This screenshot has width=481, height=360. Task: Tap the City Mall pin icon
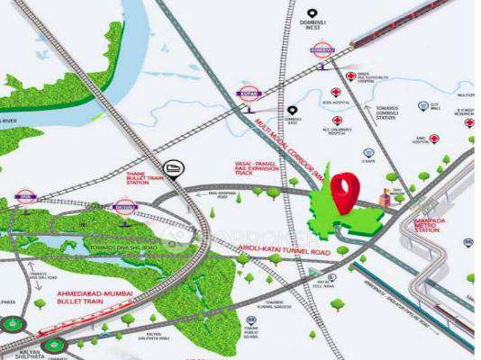pos(435,105)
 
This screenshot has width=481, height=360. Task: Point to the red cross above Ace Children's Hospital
pos(337,121)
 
